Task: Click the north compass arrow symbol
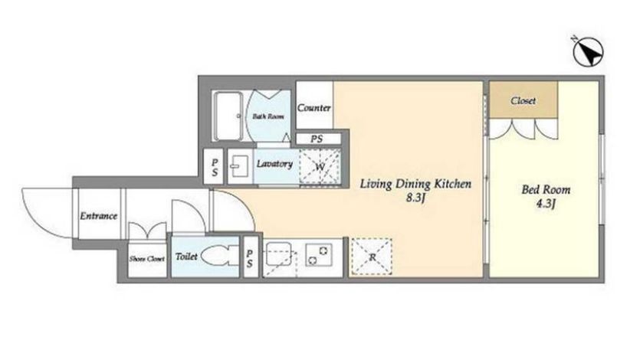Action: pos(587,51)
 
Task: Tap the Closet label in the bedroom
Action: pos(523,100)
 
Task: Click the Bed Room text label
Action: pos(546,189)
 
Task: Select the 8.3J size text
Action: pos(415,198)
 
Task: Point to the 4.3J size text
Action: pos(546,204)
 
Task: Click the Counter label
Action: pos(313,107)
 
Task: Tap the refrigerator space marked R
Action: pos(372,257)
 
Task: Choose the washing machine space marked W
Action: pos(320,167)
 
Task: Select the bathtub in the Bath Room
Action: pos(228,116)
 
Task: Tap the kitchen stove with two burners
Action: pos(318,255)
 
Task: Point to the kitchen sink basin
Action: pos(278,253)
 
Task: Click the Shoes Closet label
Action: pos(147,259)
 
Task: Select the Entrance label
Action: pos(98,216)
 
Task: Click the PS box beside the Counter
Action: pos(318,139)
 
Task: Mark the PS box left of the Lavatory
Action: pos(214,167)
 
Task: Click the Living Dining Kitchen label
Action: pos(415,184)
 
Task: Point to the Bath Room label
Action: pos(268,116)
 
